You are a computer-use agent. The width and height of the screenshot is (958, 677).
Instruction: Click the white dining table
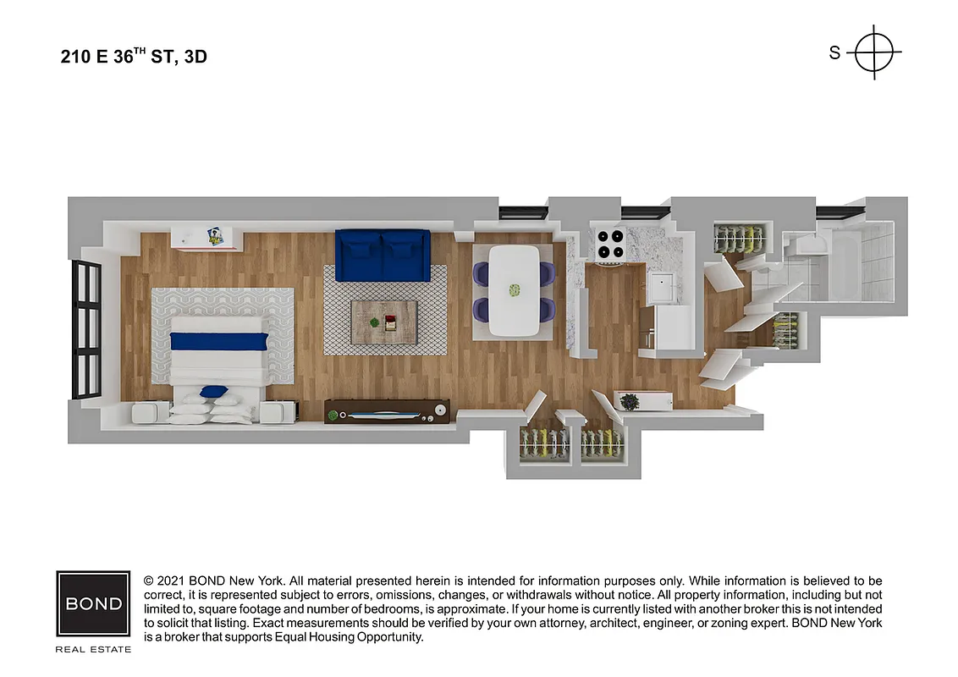point(515,289)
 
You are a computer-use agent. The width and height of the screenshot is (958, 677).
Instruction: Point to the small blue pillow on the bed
point(214,391)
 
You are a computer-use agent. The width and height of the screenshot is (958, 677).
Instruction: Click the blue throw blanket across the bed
point(219,341)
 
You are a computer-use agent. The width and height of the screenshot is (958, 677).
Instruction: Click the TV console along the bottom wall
point(387,410)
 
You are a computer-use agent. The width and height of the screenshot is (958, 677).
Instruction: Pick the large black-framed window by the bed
point(86,329)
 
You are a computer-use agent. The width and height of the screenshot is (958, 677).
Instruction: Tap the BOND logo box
point(93,603)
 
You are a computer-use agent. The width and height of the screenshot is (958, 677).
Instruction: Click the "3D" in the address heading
point(195,58)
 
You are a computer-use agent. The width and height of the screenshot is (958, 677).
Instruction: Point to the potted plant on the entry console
point(630,402)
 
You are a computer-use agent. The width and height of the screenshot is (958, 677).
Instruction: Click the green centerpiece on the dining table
point(513,289)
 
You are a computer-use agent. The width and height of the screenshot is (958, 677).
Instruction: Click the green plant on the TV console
point(333,416)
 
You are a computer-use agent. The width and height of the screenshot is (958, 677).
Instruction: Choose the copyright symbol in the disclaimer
point(149,581)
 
